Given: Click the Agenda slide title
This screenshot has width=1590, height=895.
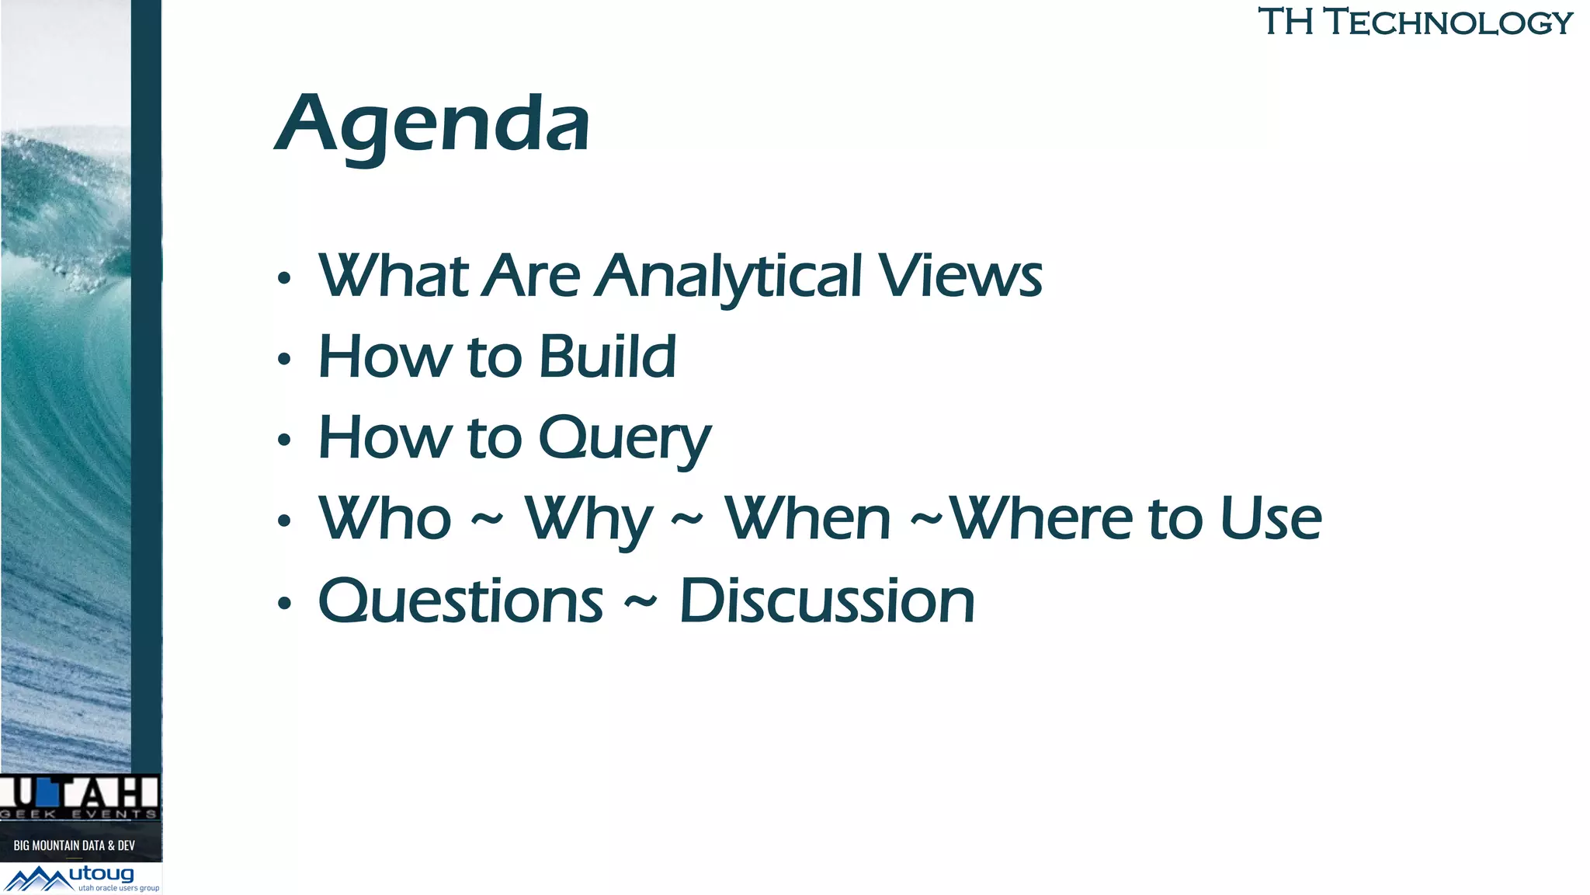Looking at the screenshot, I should coord(433,124).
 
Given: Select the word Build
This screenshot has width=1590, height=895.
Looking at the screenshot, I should coord(607,357).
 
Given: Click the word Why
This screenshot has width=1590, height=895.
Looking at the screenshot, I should coord(588,520).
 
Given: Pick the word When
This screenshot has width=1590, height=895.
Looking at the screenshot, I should coord(807,519).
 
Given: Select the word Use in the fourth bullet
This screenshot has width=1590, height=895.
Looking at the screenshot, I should coord(1270,519).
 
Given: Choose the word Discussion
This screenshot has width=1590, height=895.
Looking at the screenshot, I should coord(827,601).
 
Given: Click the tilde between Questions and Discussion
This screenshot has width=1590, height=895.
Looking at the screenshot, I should coord(641,601).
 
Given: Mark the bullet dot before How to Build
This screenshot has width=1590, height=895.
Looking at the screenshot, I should coord(284,360).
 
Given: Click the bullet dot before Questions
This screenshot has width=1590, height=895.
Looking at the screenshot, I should coord(284,603).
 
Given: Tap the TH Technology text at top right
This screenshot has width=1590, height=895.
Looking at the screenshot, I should coord(1415,22).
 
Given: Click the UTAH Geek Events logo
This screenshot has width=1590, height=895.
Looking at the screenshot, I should coord(79,797).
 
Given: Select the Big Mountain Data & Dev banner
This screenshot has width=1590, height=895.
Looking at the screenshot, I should coord(75,845).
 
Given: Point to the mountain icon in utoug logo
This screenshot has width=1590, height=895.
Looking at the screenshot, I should coord(37,879).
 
